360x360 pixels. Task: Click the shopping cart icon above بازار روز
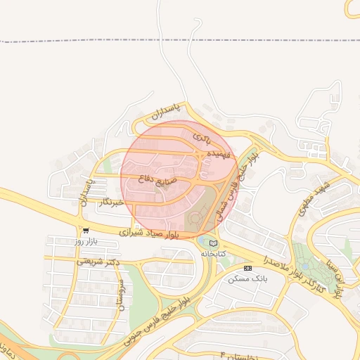click(86, 230)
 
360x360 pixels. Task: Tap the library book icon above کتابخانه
click(212, 243)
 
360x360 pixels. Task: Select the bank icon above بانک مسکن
click(247, 268)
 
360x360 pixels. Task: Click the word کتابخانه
click(213, 252)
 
